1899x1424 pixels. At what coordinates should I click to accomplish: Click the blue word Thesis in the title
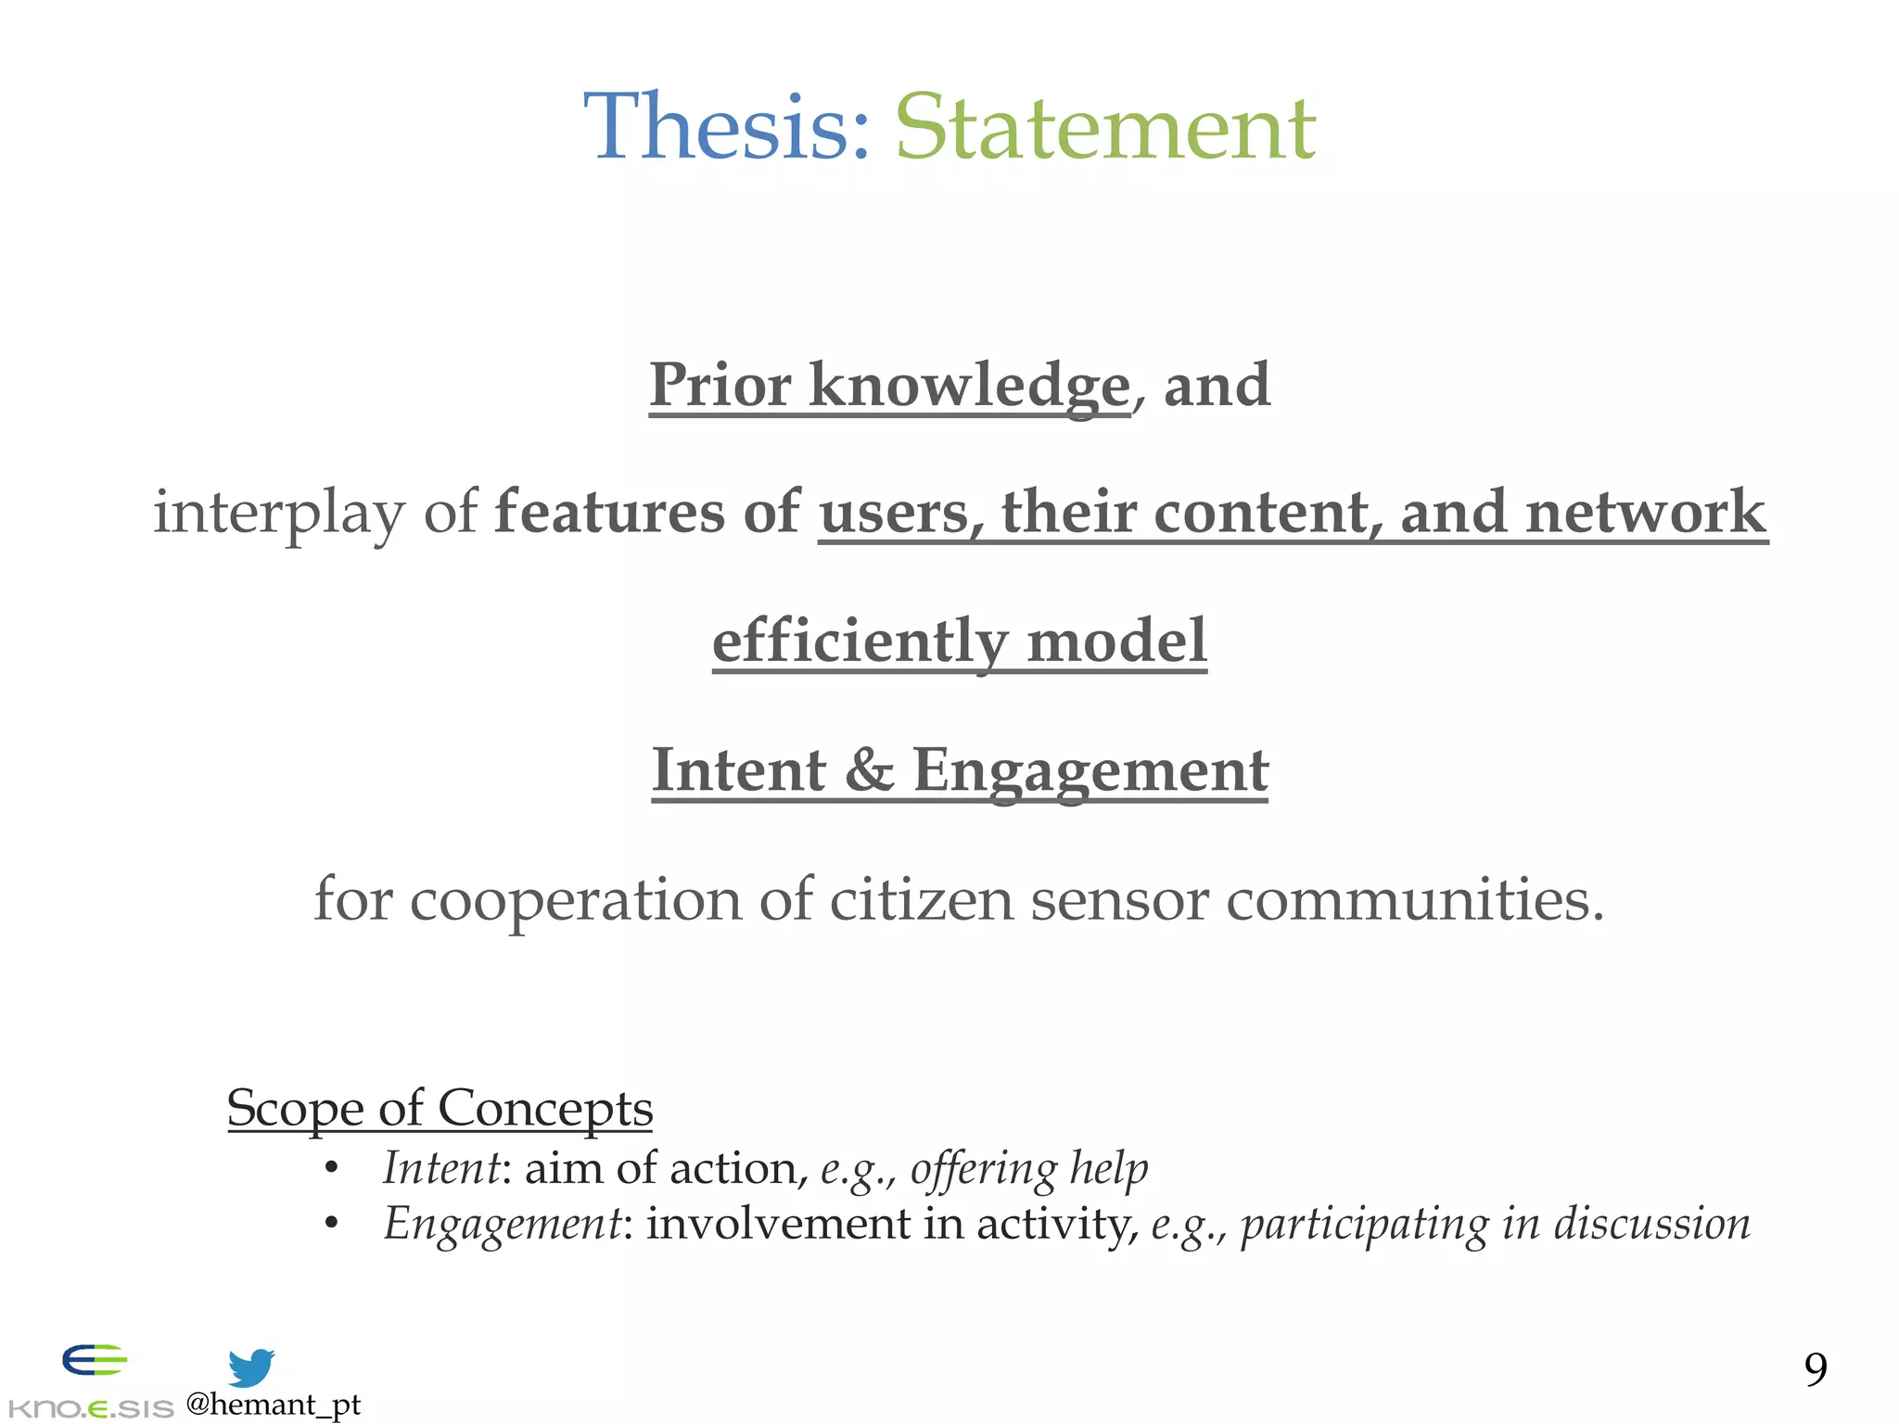(726, 127)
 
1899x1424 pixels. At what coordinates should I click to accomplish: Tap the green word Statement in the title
(1104, 127)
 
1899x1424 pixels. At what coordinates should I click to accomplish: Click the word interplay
(278, 512)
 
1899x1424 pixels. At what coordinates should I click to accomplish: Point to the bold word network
(1645, 512)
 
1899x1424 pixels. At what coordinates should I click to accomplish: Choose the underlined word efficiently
(860, 641)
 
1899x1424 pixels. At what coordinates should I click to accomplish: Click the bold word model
(1116, 641)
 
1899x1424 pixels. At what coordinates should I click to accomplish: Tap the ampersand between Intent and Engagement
(869, 769)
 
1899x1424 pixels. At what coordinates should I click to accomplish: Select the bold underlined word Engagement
(1090, 771)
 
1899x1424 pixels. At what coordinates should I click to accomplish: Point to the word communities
(1414, 898)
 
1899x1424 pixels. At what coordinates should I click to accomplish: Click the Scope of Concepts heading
(440, 1108)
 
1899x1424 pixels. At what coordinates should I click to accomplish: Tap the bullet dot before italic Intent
(331, 1168)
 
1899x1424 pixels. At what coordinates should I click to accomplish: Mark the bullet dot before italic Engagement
(331, 1224)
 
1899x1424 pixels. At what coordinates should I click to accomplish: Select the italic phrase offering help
(1028, 1168)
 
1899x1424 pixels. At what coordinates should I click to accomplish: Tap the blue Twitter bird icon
(251, 1367)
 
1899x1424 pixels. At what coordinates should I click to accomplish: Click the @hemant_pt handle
(273, 1405)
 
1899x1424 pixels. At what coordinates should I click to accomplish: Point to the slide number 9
(1815, 1368)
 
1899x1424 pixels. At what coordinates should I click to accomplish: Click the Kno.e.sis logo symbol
(95, 1361)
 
